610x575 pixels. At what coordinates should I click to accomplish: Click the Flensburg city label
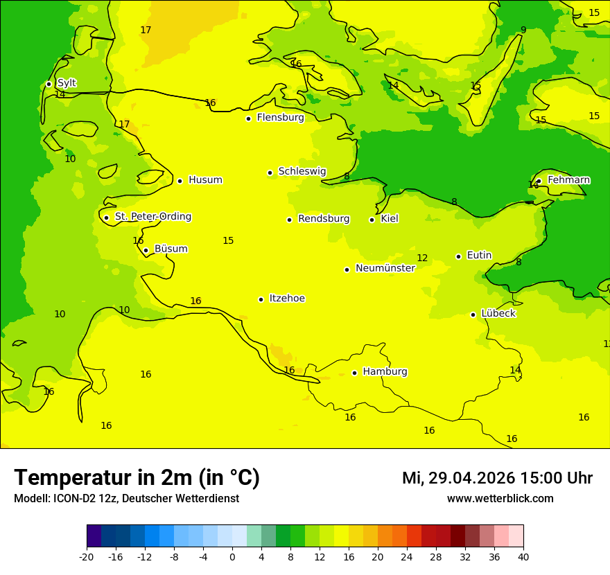click(x=280, y=118)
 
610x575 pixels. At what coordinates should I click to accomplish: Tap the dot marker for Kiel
click(x=372, y=220)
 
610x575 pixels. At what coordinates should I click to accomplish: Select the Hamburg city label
click(x=385, y=372)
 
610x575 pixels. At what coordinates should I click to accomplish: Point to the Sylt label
click(x=67, y=83)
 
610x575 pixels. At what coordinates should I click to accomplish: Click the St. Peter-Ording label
click(x=152, y=217)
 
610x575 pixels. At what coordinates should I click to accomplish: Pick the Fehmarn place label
click(x=568, y=180)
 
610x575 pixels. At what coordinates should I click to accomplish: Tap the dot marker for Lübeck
click(x=473, y=315)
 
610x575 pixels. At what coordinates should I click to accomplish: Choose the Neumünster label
click(x=385, y=269)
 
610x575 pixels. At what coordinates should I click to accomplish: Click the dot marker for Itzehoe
click(x=261, y=299)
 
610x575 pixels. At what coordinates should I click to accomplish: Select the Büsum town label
click(x=171, y=249)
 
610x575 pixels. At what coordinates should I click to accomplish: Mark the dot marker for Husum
click(x=180, y=181)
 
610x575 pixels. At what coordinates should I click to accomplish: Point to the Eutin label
click(x=479, y=256)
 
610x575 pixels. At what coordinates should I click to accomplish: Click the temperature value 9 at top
click(x=523, y=30)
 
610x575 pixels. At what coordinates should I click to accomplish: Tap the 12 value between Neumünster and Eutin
click(x=422, y=258)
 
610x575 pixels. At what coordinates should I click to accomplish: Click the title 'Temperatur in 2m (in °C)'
click(x=137, y=478)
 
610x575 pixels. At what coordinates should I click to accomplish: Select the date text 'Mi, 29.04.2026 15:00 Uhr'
click(x=497, y=478)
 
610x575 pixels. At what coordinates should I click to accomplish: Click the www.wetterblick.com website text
click(x=500, y=499)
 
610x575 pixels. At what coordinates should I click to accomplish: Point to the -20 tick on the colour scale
click(x=87, y=557)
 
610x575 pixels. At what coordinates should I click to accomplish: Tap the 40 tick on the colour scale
click(x=523, y=557)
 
